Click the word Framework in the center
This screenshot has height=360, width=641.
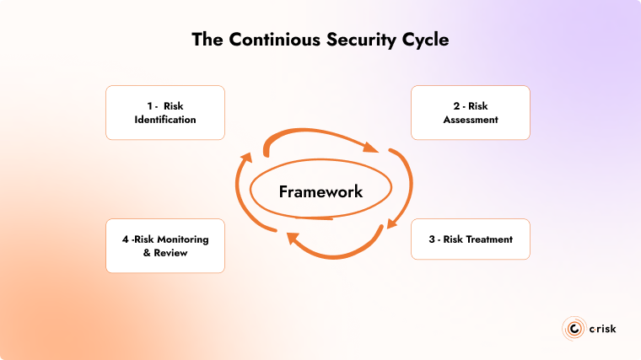click(x=320, y=191)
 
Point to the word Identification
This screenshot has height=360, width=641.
click(x=165, y=120)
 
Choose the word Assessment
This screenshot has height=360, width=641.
click(x=471, y=120)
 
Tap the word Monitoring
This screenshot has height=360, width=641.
click(x=179, y=239)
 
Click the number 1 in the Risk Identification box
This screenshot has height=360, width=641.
click(x=148, y=106)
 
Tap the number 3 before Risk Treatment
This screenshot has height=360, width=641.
click(x=431, y=239)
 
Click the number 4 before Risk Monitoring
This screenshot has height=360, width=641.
click(x=125, y=239)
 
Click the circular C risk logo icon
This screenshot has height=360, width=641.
click(x=573, y=328)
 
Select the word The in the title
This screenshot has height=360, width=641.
click(x=207, y=40)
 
